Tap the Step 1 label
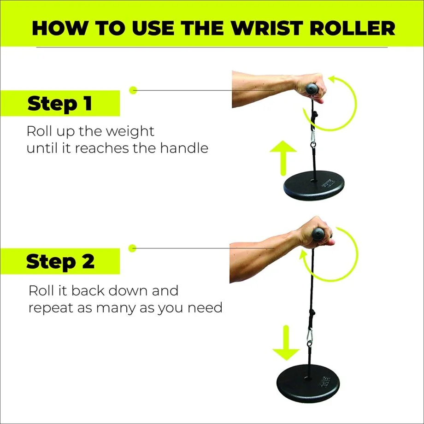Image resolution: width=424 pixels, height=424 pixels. coord(60,103)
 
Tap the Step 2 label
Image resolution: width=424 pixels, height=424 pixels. coord(60,261)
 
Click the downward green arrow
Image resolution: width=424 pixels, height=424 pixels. coord(286,343)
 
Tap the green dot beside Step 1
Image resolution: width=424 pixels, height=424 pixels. coord(134,90)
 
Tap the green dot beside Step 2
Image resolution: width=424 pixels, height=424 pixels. coord(134,248)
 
